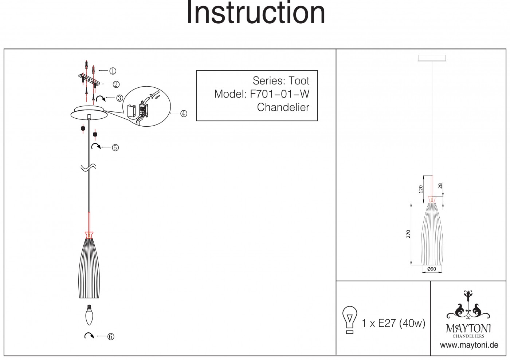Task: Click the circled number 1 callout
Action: tap(113, 71)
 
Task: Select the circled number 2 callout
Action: tap(116, 84)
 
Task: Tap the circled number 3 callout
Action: tap(120, 98)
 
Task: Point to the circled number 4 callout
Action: tap(184, 114)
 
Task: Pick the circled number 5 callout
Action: tap(115, 147)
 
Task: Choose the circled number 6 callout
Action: tap(111, 337)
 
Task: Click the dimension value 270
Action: tap(408, 234)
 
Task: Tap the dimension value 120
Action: tap(421, 189)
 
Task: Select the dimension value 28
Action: tap(440, 186)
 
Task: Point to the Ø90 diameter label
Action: tap(432, 269)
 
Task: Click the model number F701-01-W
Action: tap(280, 94)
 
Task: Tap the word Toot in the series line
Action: tap(299, 80)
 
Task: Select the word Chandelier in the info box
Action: tap(283, 107)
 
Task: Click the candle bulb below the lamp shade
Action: tap(89, 315)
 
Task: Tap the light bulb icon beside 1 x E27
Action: tap(350, 320)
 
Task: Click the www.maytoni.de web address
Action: tap(469, 345)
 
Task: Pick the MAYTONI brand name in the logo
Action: tap(468, 329)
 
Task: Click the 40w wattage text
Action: tap(412, 323)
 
